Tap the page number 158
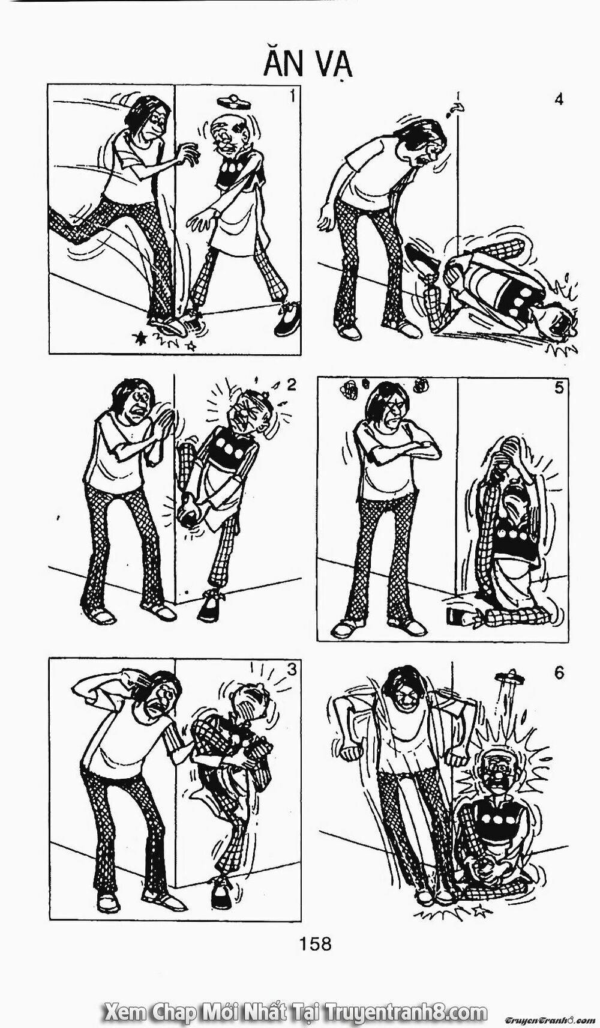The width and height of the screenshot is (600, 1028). (x=317, y=943)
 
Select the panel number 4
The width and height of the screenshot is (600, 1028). (x=559, y=99)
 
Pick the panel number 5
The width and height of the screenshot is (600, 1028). (x=559, y=388)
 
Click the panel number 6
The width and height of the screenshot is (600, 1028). (x=559, y=673)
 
